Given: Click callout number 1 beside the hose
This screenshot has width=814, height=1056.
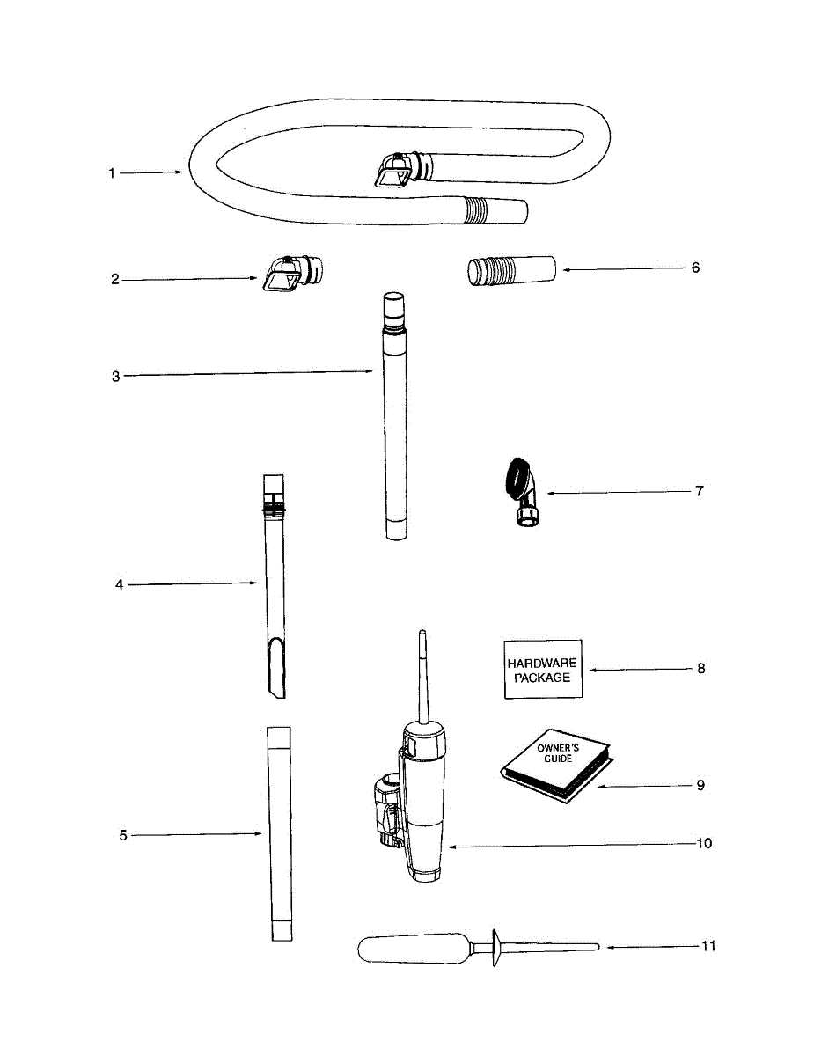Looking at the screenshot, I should [x=112, y=173].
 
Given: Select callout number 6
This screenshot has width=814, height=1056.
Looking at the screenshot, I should [x=695, y=268].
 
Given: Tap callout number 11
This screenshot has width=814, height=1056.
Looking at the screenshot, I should [x=708, y=946].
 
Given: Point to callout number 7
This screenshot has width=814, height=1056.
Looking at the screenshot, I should [x=700, y=491].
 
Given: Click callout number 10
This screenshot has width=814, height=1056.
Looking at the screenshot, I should [x=704, y=843].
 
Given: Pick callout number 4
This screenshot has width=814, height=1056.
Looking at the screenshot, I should [x=119, y=583].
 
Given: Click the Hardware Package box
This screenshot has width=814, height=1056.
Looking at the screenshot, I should [x=543, y=670].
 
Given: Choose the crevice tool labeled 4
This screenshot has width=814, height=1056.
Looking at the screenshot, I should [x=274, y=581].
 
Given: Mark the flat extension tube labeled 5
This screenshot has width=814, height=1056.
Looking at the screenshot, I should [x=278, y=832].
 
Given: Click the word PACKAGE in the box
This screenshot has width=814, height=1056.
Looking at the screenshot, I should [x=543, y=678].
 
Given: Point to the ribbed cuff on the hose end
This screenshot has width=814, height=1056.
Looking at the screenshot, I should [x=476, y=209].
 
